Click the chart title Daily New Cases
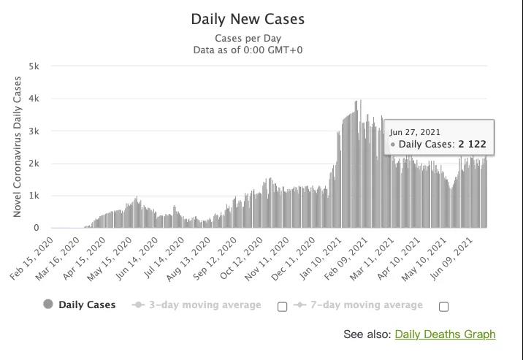pos(248,20)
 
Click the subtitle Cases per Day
pos(248,39)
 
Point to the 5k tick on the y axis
pos(34,66)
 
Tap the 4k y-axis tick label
pos(34,99)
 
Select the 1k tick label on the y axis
pos(34,196)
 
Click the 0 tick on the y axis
pos(37,228)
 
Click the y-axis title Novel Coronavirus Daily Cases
pos(18,147)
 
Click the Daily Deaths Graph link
pos(445,334)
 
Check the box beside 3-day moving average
pos(282,307)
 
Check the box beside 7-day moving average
pos(443,307)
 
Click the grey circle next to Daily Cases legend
pos(48,305)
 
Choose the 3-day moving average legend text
pos(205,305)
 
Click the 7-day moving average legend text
pos(366,305)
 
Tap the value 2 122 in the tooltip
pos(472,145)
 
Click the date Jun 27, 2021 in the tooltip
pos(414,132)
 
